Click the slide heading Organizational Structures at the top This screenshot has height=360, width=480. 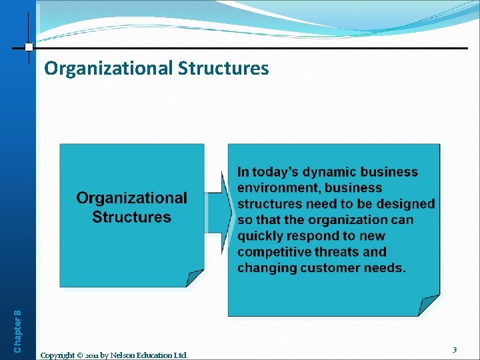click(x=157, y=69)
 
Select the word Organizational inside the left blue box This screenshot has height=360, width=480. click(x=131, y=198)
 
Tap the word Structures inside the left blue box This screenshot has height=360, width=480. click(x=131, y=217)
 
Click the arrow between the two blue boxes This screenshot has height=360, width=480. click(x=217, y=203)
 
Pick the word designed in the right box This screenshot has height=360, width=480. click(x=402, y=204)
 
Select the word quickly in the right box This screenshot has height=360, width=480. click(x=261, y=236)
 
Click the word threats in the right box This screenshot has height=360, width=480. click(x=338, y=252)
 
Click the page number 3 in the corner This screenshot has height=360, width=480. click(x=454, y=349)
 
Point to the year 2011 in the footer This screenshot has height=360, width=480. click(x=94, y=355)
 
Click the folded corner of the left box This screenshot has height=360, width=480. click(x=194, y=278)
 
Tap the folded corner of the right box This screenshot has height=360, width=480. click(x=429, y=306)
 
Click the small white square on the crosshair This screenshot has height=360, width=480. click(x=29, y=47)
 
